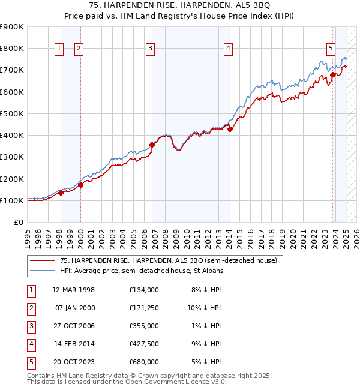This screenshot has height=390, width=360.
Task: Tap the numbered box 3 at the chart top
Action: coord(150,49)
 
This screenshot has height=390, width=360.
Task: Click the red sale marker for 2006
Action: coord(152,145)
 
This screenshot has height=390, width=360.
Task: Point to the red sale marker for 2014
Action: coord(230,129)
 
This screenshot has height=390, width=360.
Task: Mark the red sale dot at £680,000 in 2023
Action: coord(332,75)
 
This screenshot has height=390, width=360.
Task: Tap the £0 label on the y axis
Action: coord(19,222)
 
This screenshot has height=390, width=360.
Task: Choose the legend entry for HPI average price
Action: coord(141,271)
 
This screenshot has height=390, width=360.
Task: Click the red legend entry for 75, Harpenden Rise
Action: coord(168,260)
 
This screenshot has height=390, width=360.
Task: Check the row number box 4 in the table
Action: coord(30,344)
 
